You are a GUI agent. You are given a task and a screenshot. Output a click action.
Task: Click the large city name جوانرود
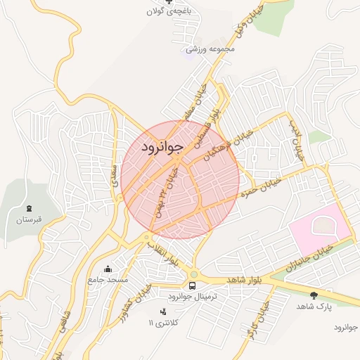[162, 147]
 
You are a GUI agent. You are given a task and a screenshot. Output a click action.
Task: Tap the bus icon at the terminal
[193, 285]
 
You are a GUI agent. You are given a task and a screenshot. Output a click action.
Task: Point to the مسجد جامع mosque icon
[108, 269]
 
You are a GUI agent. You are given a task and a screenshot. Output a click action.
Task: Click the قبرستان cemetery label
[30, 220]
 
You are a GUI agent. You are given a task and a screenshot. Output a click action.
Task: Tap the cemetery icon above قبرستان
[30, 209]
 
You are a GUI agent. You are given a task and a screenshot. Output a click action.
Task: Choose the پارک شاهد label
[314, 307]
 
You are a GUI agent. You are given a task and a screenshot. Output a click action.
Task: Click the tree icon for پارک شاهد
[314, 295]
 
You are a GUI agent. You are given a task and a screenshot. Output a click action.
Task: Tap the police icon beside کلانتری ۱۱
[163, 311]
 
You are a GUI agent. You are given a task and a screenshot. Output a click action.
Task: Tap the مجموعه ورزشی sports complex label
[210, 49]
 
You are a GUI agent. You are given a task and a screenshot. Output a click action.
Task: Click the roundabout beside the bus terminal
[193, 274]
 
